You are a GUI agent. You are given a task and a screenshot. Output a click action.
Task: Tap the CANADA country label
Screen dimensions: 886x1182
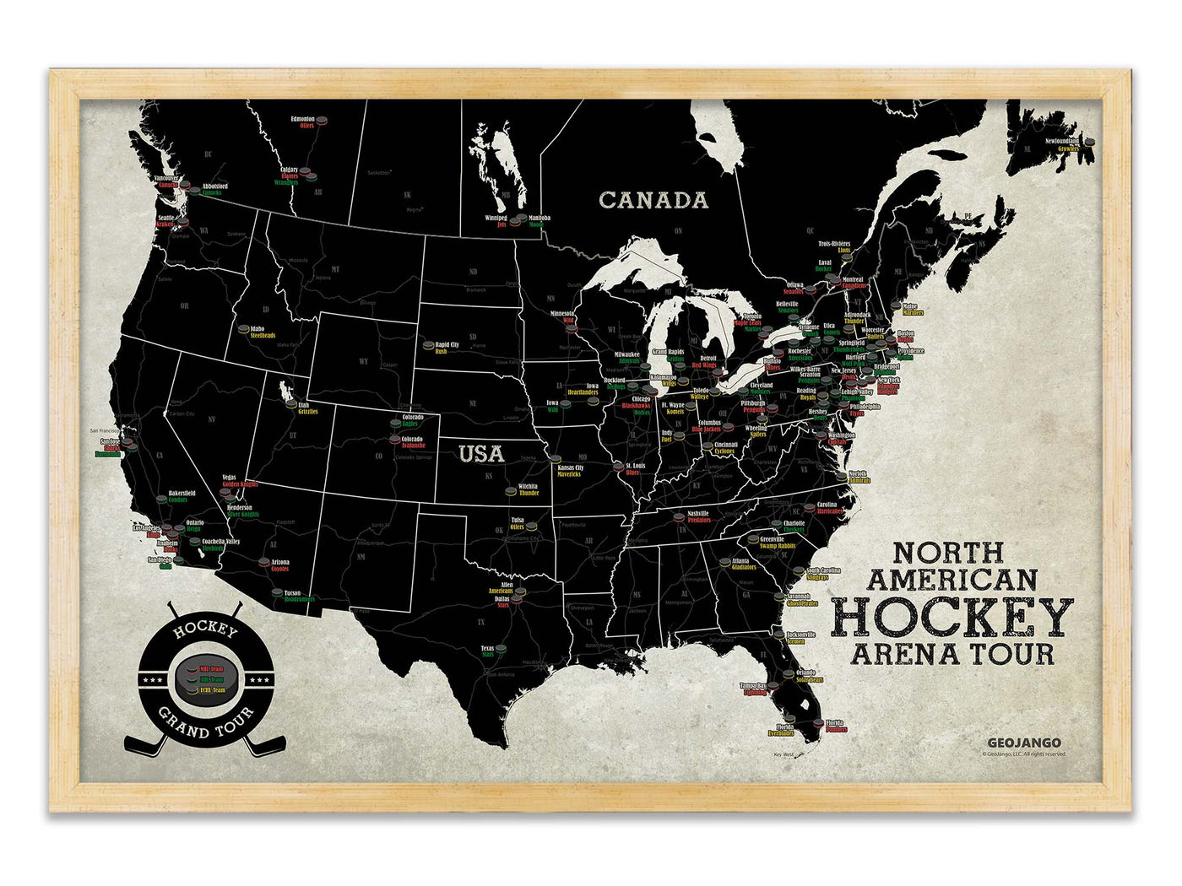point(653,200)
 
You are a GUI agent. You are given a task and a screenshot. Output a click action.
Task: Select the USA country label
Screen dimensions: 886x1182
point(481,454)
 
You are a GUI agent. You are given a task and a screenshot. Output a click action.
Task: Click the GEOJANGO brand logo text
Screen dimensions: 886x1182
point(1024,743)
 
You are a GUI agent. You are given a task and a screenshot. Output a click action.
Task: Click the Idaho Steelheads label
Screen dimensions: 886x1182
point(262,332)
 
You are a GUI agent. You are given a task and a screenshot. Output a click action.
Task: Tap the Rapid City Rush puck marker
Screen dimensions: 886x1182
point(429,345)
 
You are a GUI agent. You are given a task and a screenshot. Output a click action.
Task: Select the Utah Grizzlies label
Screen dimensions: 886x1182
point(307,408)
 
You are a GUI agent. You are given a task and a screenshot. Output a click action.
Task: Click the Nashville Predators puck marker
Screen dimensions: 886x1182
point(680,517)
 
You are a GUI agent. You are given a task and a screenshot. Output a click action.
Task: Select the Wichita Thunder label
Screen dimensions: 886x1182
point(529,490)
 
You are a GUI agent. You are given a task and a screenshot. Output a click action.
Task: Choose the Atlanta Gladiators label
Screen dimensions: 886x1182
point(744,564)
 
